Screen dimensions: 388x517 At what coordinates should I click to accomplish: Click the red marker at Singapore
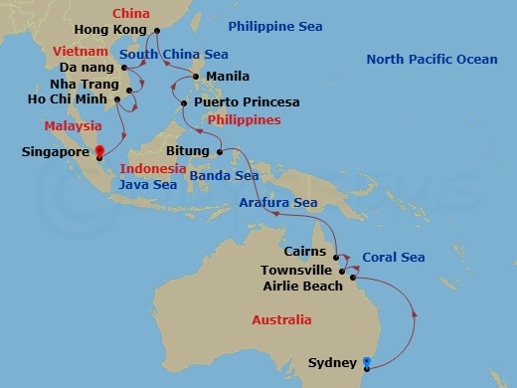[x=98, y=152]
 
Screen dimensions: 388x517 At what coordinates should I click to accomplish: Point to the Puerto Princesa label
[x=247, y=102]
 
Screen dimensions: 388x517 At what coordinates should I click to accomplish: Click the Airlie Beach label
[x=302, y=287]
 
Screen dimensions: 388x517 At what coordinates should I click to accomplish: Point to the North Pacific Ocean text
[x=431, y=60]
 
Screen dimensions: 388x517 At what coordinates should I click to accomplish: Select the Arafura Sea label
[x=277, y=203]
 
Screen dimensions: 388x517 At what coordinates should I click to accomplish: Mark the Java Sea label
[x=148, y=185]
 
